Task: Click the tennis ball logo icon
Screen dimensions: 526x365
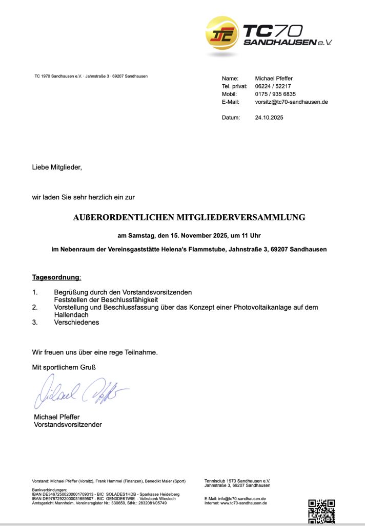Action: (222, 34)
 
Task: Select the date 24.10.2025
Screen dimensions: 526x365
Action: (269, 118)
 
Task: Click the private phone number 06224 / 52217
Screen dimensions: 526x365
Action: (273, 86)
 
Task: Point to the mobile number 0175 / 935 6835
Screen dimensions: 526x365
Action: (275, 94)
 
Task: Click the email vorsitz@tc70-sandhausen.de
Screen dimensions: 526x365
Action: (291, 102)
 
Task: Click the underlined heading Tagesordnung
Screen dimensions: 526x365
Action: (56, 277)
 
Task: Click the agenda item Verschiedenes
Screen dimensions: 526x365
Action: (76, 323)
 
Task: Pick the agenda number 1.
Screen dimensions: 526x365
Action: (35, 292)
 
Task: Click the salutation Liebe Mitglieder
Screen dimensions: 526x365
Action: (57, 167)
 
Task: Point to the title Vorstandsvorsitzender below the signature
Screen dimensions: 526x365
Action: (68, 425)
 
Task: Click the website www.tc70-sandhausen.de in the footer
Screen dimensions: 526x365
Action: (244, 503)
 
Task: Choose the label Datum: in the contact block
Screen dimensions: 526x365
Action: (231, 118)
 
